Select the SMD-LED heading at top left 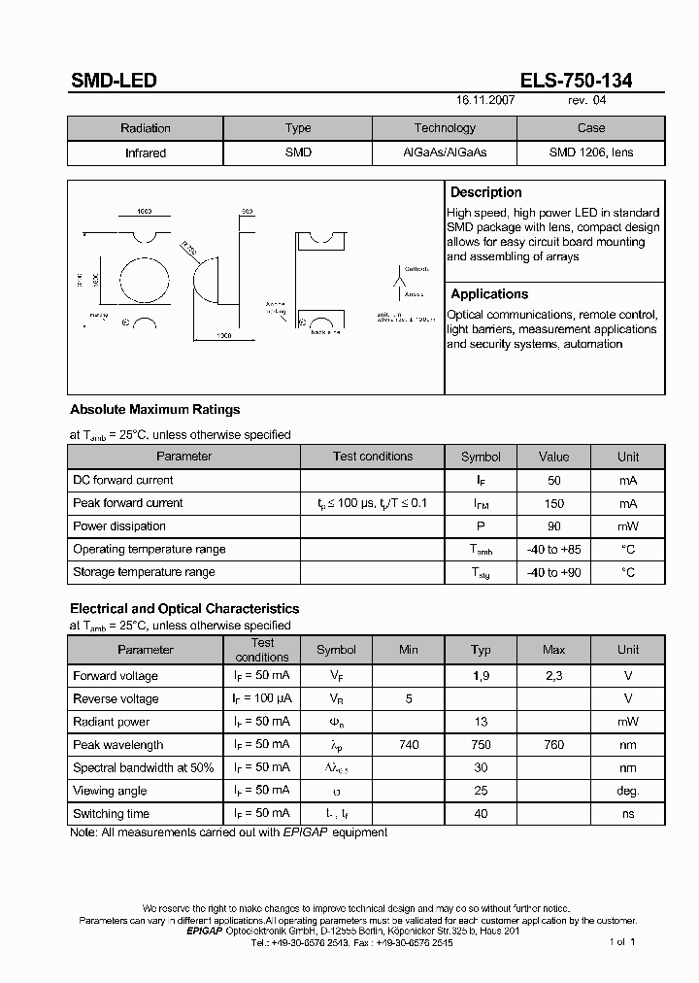pyautogui.click(x=114, y=81)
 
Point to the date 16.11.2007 pyautogui.click(x=485, y=100)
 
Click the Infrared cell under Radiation pyautogui.click(x=146, y=153)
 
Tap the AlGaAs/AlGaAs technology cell pyautogui.click(x=445, y=153)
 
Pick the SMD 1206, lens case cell pyautogui.click(x=590, y=153)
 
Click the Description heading pyautogui.click(x=486, y=192)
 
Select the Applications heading pyautogui.click(x=489, y=293)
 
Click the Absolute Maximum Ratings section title pyautogui.click(x=154, y=409)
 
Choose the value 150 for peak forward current pyautogui.click(x=554, y=503)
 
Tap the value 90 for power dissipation pyautogui.click(x=554, y=526)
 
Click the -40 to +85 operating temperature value pyautogui.click(x=554, y=550)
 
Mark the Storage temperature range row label pyautogui.click(x=144, y=572)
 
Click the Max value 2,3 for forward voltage pyautogui.click(x=554, y=676)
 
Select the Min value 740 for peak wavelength pyautogui.click(x=409, y=745)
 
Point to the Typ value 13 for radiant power pyautogui.click(x=481, y=722)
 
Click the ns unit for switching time pyautogui.click(x=628, y=814)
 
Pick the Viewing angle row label pyautogui.click(x=111, y=791)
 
